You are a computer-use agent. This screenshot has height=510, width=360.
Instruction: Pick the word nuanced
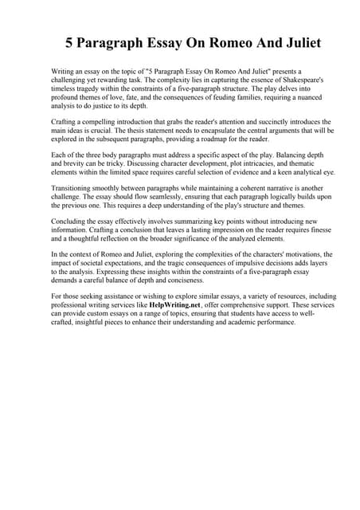click(x=292, y=100)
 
